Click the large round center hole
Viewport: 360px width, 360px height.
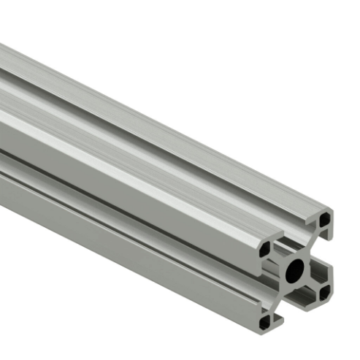[294, 270]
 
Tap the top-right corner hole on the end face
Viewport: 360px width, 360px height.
[325, 218]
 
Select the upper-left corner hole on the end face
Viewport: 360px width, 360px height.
[265, 249]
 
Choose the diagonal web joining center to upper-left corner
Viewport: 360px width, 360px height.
[278, 258]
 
